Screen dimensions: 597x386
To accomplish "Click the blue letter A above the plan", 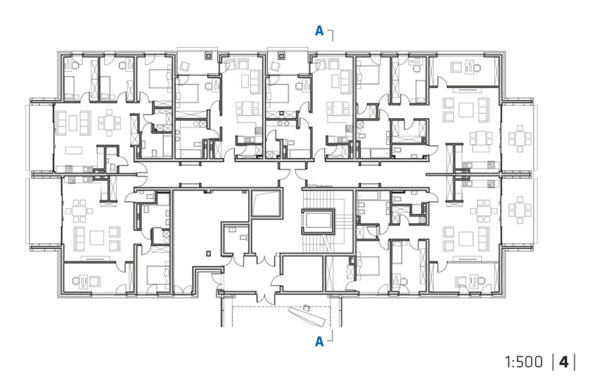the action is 319,30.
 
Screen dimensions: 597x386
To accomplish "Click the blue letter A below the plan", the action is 319,341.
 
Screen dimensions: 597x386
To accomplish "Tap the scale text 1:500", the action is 523,362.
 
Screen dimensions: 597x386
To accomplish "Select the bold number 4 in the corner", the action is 564,362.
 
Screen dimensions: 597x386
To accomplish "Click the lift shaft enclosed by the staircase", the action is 318,221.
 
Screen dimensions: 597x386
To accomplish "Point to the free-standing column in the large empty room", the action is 208,253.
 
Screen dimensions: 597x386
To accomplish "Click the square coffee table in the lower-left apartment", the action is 97,238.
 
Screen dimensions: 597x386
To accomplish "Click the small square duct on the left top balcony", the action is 208,56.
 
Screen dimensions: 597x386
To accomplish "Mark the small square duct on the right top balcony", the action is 281,56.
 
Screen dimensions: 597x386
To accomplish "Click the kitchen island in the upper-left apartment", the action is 74,150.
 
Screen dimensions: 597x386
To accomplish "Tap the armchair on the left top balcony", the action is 185,67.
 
